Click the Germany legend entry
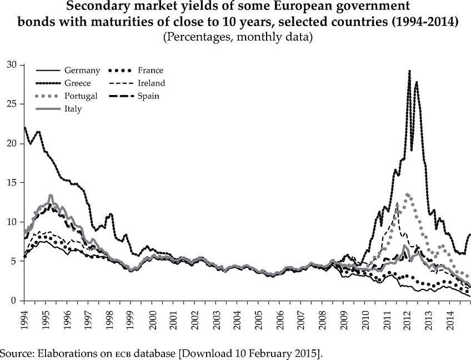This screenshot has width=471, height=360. click(x=82, y=71)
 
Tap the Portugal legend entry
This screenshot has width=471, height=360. click(x=81, y=96)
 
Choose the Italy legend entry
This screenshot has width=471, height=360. click(x=73, y=109)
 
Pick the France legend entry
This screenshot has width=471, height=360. click(x=151, y=71)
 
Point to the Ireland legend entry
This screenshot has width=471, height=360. click(x=151, y=83)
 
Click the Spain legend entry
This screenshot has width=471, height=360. click(x=149, y=96)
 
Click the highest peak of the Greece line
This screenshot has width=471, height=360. click(x=409, y=71)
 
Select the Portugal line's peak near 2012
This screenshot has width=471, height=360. click(x=408, y=194)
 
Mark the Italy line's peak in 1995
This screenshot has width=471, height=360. click(x=51, y=196)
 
